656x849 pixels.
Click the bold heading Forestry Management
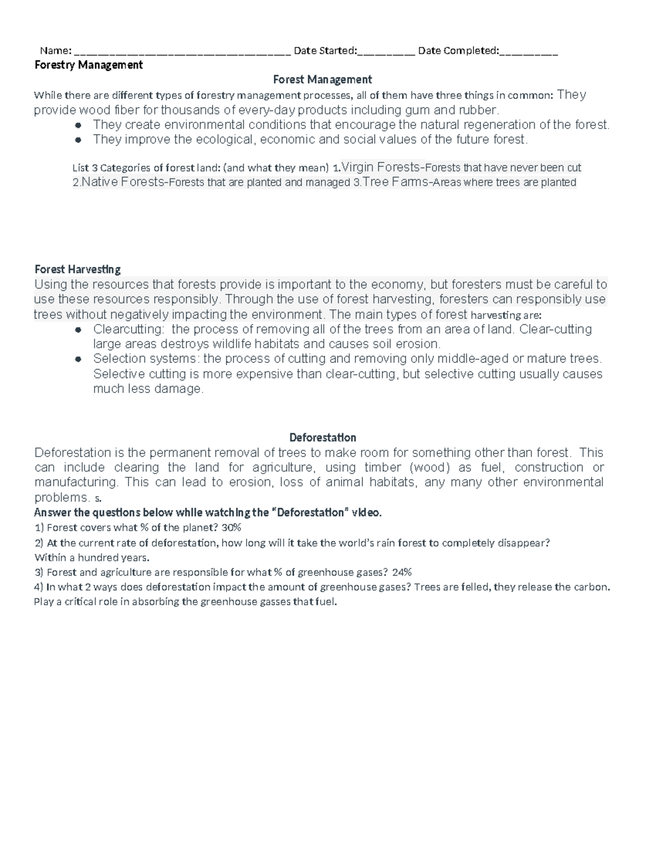tap(88, 65)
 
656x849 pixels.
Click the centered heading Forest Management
tap(322, 80)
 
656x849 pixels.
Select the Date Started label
tap(325, 51)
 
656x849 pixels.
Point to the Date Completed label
tap(458, 51)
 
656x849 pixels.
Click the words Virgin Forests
tap(380, 167)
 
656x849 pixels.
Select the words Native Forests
tap(122, 182)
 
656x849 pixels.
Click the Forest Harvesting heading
tap(77, 270)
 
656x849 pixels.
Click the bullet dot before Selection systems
tap(78, 359)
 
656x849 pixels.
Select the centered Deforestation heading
tap(323, 438)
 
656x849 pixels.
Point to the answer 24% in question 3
tap(402, 573)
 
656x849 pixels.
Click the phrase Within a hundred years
tap(91, 558)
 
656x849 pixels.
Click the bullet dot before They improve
tap(78, 140)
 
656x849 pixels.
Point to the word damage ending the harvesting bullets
tap(178, 389)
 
